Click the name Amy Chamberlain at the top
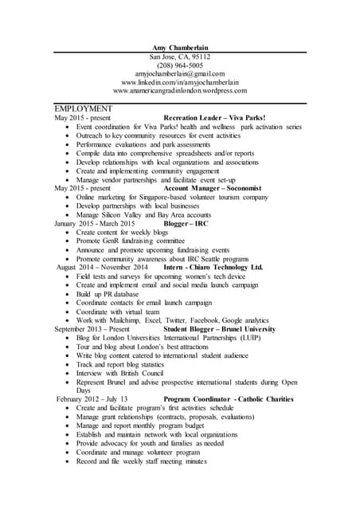point(180,48)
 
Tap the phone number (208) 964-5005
point(180,65)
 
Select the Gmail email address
point(180,74)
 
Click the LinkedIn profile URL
point(180,83)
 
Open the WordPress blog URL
point(180,92)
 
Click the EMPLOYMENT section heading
point(84,108)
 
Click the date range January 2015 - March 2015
point(95,224)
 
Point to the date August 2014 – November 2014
point(103,267)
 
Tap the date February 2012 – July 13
point(92,398)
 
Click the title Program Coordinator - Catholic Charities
point(229,398)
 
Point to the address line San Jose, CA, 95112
point(180,57)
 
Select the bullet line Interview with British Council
point(120,372)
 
